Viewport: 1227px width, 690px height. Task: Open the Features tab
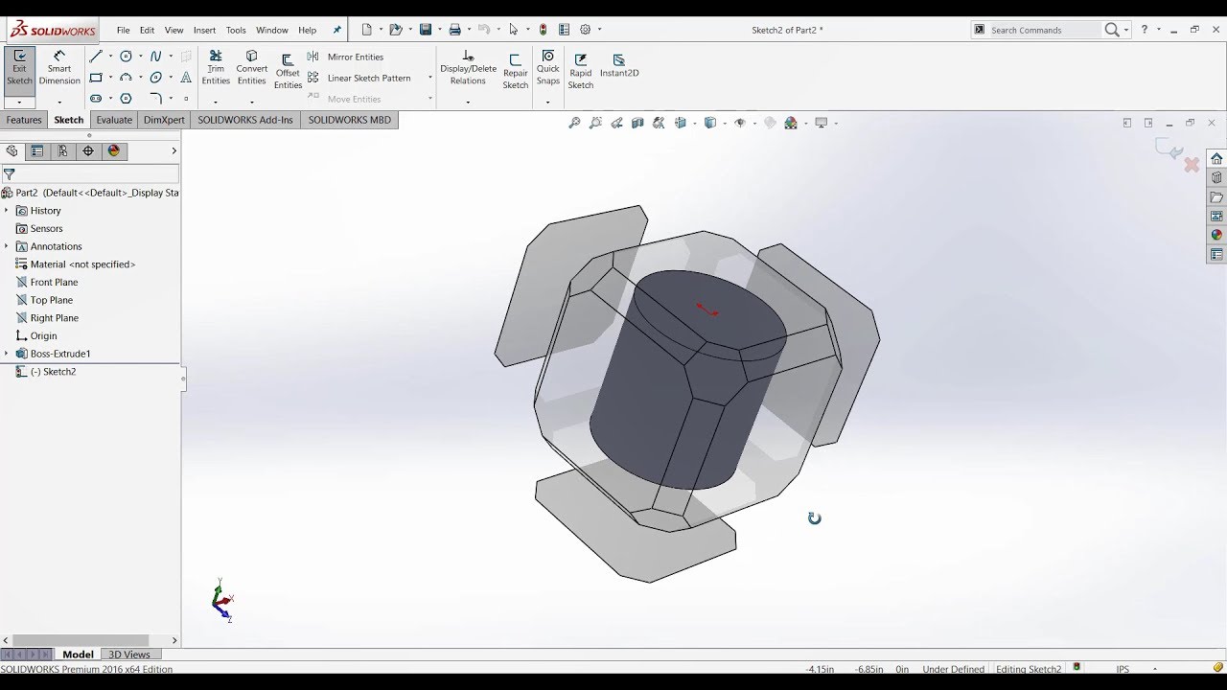[x=24, y=120]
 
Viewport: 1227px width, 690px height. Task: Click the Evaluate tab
[x=114, y=120]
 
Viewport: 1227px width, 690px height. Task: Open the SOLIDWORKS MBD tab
[x=349, y=120]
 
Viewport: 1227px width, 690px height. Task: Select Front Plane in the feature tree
[x=54, y=283]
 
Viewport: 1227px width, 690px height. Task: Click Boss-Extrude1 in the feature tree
[x=59, y=354]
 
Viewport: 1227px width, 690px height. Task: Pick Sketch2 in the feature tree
[x=58, y=372]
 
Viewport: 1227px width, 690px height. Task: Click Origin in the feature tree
[x=43, y=336]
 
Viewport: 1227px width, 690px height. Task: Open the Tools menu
[x=236, y=31]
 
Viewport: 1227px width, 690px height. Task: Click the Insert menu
[x=204, y=31]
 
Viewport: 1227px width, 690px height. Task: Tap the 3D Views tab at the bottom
[x=129, y=655]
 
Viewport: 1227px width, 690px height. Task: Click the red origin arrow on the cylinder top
[x=707, y=310]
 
